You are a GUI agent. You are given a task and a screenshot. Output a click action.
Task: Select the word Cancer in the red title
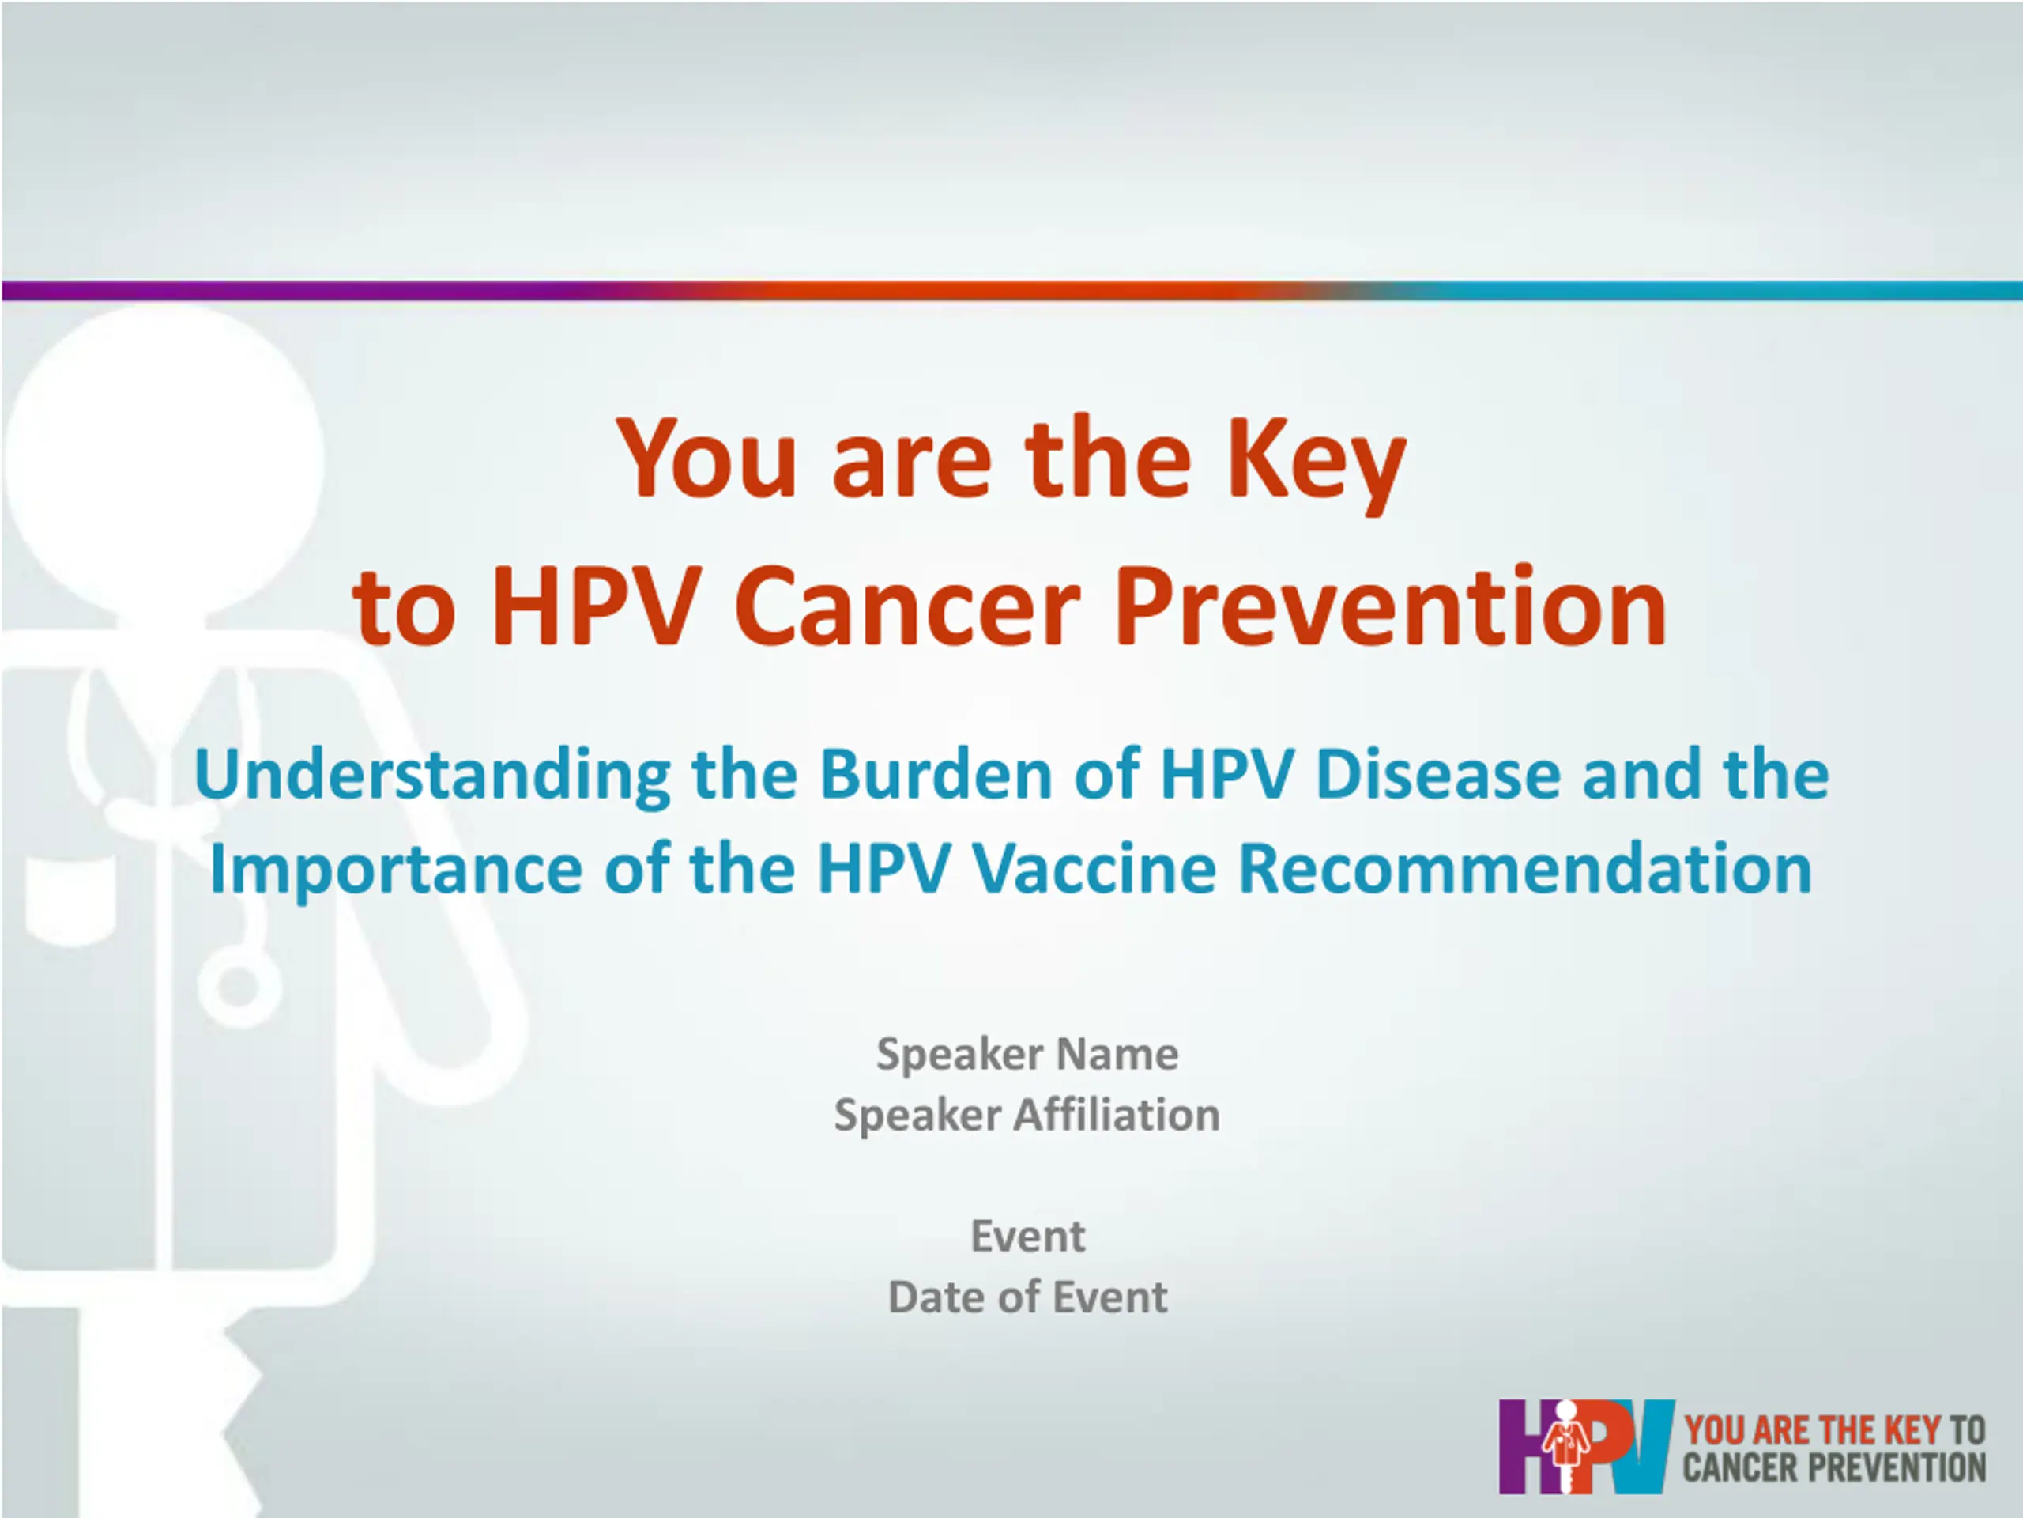pos(908,606)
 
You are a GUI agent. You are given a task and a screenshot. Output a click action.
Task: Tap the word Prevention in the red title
pos(1390,606)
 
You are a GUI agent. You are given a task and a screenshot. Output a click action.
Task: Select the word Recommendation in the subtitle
pos(1524,869)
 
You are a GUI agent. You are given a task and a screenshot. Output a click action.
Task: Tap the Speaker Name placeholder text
pos(1027,1055)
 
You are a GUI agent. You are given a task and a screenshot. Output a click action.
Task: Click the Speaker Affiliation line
pos(1027,1116)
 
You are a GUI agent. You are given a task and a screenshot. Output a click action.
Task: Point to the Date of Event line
pos(1028,1297)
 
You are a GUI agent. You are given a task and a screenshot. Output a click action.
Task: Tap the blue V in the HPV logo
pos(1646,1447)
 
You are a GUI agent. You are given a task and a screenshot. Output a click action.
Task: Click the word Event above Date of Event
pos(1028,1237)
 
